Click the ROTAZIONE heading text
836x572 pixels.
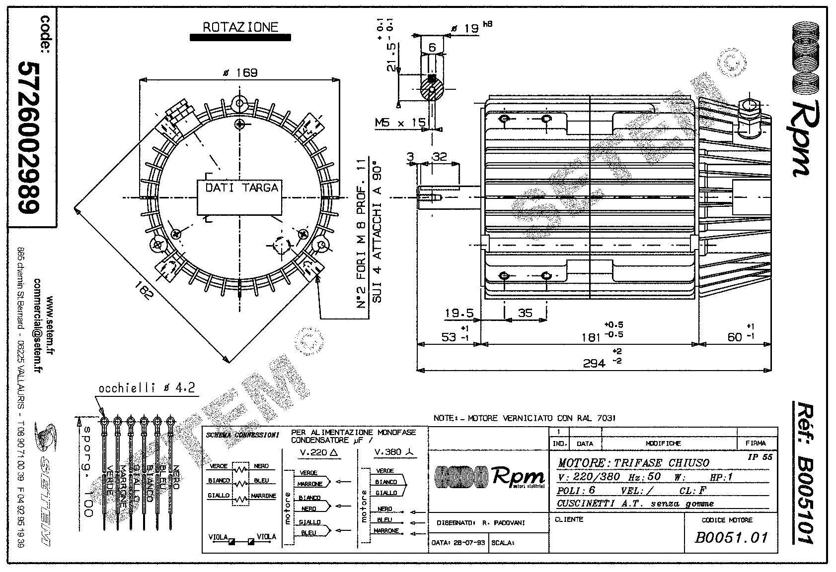coord(240,27)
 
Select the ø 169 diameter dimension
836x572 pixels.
coord(240,73)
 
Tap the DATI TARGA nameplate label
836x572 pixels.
coord(242,188)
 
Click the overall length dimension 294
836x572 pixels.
coord(594,364)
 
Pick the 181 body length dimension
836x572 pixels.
coord(591,337)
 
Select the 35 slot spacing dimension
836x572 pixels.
coord(525,313)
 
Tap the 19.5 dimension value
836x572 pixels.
coord(458,313)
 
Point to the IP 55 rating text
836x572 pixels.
coord(760,457)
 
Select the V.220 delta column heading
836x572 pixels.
coord(319,452)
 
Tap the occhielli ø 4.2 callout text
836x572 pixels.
coord(147,388)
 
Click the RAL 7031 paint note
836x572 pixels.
coord(525,418)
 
